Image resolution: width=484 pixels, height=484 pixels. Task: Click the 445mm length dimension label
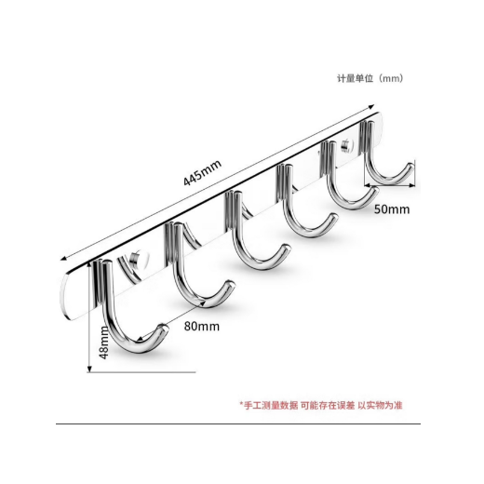click(202, 172)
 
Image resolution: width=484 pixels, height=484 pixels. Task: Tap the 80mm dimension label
click(202, 327)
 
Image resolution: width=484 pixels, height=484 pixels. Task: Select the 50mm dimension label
click(392, 209)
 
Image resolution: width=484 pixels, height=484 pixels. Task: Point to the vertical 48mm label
click(104, 343)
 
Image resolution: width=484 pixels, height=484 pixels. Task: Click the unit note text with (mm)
click(370, 78)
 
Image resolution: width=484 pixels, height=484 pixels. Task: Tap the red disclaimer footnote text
click(321, 405)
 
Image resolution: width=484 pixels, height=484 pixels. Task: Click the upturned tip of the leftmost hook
click(163, 329)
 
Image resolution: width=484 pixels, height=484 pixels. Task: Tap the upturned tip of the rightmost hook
click(410, 167)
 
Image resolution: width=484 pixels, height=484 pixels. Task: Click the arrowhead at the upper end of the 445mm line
click(371, 107)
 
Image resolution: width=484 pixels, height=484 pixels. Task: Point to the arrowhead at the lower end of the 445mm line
click(63, 258)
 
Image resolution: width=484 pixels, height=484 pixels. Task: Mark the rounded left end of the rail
click(64, 295)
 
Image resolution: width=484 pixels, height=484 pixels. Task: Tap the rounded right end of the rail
click(381, 123)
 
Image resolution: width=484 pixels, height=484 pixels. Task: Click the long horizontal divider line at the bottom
click(238, 423)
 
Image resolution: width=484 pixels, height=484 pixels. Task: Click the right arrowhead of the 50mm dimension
click(412, 185)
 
